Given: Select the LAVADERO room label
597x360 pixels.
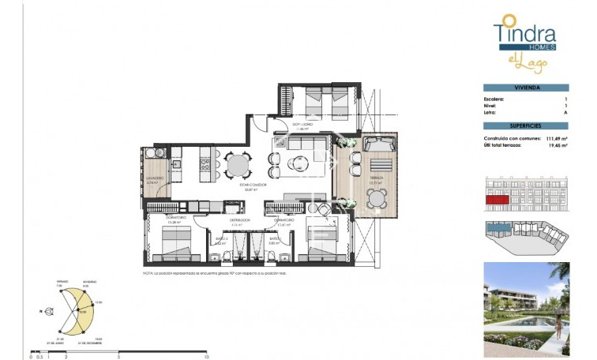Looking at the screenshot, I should [x=155, y=178].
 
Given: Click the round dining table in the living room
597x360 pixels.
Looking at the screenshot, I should [x=238, y=164].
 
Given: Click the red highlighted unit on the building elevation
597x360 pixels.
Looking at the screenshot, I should [x=496, y=201].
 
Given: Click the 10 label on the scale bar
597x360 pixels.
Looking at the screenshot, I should [x=206, y=357].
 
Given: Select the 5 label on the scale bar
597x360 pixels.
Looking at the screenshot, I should [x=118, y=357].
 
